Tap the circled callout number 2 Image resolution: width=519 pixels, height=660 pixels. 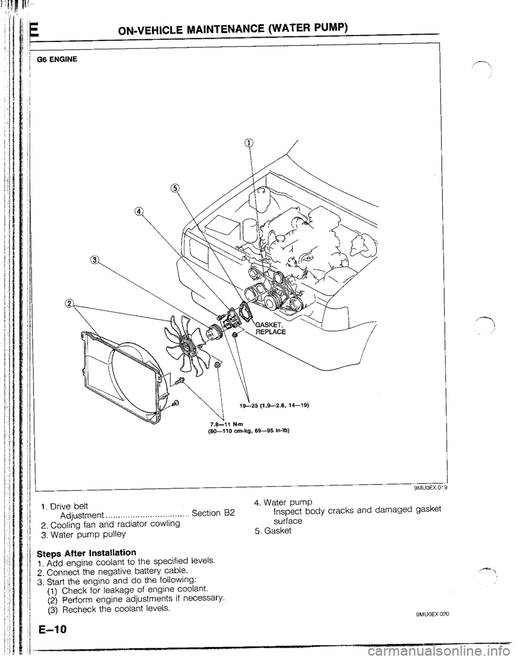(x=69, y=303)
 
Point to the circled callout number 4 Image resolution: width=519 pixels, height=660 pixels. (x=140, y=211)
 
